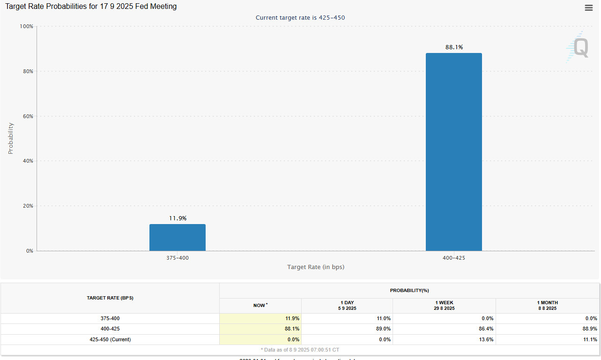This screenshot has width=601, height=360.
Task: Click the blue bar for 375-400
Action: click(177, 237)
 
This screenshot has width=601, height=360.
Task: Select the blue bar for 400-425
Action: click(453, 152)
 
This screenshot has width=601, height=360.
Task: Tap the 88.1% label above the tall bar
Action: click(454, 47)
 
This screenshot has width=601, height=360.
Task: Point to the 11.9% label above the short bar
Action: click(178, 218)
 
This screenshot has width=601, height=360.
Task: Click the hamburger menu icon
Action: click(589, 7)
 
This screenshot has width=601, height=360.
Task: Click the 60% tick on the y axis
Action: click(28, 116)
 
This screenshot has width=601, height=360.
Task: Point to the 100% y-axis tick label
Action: click(27, 26)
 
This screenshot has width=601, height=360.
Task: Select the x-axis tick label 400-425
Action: click(453, 258)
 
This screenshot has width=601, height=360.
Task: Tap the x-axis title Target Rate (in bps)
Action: click(316, 267)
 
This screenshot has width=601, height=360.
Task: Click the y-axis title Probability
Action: click(11, 138)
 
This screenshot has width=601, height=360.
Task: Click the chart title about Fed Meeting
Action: click(91, 7)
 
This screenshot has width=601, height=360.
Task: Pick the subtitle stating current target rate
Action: click(300, 18)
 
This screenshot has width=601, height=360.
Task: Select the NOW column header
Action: click(260, 305)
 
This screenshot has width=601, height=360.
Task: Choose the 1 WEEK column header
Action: click(444, 305)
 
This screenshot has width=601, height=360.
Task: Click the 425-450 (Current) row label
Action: click(110, 339)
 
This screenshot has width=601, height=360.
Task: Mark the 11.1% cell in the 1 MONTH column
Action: click(590, 339)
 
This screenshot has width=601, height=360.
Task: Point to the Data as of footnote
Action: click(300, 350)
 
